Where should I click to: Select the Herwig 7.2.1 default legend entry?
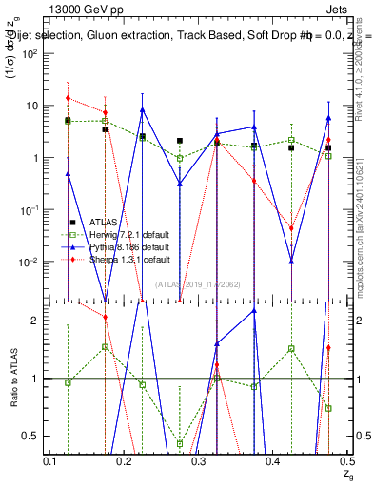124,234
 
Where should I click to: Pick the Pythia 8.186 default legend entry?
124,246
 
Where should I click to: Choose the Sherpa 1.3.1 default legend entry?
124,259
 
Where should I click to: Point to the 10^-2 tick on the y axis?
32,262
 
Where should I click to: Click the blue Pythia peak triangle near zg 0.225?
143,109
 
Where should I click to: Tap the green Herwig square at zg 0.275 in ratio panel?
180,443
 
